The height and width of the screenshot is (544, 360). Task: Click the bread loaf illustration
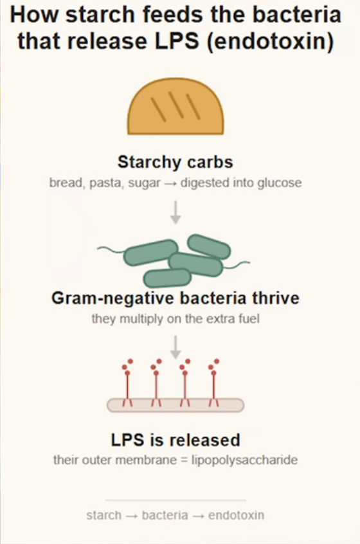tap(175, 107)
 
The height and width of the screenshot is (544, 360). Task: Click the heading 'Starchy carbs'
tap(175, 162)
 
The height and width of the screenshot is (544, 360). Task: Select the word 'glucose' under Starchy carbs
tap(280, 183)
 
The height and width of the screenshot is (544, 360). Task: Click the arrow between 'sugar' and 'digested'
tap(170, 183)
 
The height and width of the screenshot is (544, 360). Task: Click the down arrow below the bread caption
tap(175, 212)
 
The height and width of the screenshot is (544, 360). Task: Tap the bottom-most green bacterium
tap(167, 278)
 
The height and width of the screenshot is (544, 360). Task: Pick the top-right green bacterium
tap(209, 247)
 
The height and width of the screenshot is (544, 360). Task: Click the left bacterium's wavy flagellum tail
tap(111, 249)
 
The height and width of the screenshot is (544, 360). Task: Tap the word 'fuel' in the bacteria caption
tap(249, 318)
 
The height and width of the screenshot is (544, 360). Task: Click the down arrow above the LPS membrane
tap(175, 347)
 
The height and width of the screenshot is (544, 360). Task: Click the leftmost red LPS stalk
tap(127, 383)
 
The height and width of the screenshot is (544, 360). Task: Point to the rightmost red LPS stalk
tap(213, 383)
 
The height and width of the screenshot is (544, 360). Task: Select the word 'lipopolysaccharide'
tap(244, 460)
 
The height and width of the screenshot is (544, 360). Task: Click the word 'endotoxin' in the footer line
tap(236, 515)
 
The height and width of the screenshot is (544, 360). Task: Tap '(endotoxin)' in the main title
tap(271, 41)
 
